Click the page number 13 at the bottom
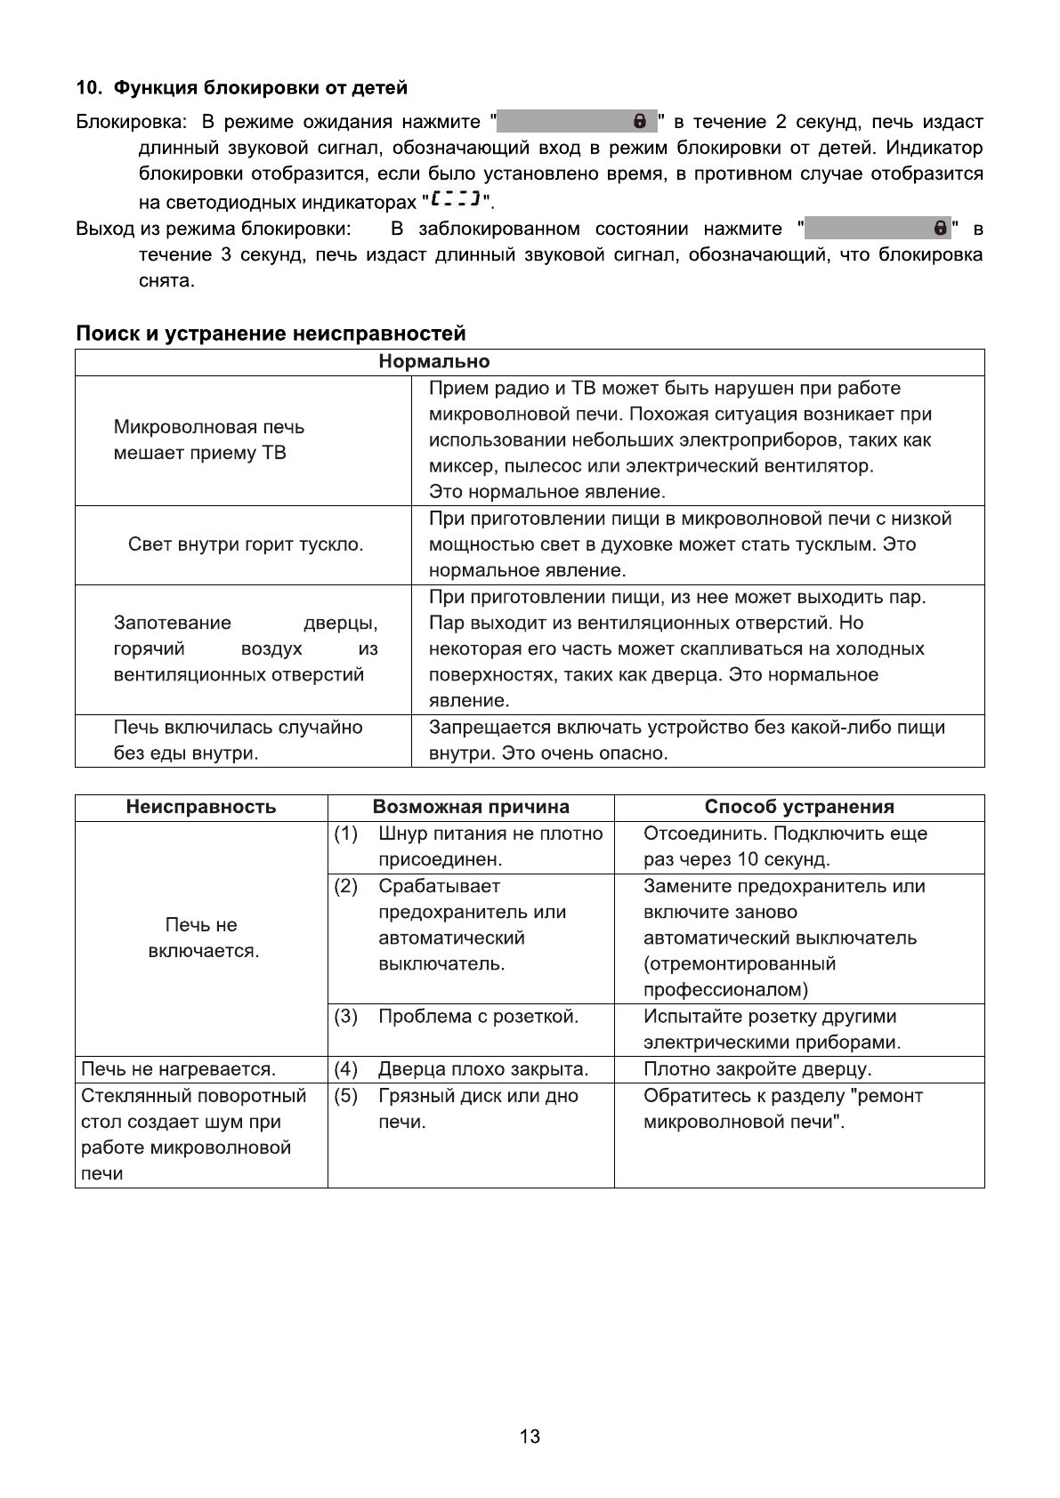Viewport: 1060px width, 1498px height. (x=530, y=1437)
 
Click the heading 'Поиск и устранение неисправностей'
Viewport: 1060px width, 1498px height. (x=271, y=334)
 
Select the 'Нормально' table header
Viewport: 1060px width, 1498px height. (x=434, y=361)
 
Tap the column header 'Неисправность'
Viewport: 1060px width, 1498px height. (x=201, y=807)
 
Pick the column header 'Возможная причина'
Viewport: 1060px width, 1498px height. (x=471, y=807)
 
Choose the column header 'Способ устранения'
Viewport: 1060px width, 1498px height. (x=799, y=807)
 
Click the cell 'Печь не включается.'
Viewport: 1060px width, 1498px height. (x=203, y=938)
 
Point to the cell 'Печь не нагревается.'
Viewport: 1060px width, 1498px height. (x=179, y=1068)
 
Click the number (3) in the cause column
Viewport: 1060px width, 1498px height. (x=345, y=1016)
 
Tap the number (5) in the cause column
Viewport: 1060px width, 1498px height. (x=345, y=1095)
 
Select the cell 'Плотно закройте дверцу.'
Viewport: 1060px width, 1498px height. (x=757, y=1068)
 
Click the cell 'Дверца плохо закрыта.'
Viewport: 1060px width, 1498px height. (x=483, y=1068)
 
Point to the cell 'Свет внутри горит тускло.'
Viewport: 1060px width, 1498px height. (x=246, y=544)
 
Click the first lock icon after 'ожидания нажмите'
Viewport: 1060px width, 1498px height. (x=639, y=121)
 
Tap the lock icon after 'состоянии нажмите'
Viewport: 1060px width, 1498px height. (x=940, y=229)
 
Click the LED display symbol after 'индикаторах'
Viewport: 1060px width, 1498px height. (x=454, y=197)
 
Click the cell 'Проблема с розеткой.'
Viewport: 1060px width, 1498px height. (x=478, y=1016)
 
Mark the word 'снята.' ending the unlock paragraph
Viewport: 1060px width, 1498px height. (x=166, y=281)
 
